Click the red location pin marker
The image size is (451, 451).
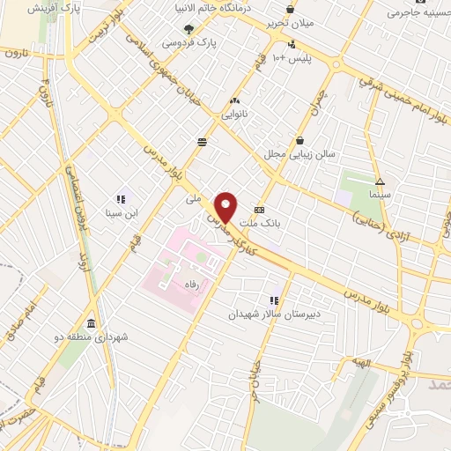tap(227, 206)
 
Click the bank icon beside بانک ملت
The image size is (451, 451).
tap(259, 211)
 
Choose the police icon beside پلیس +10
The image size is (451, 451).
tap(292, 43)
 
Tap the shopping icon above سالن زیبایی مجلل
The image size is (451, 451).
tap(300, 140)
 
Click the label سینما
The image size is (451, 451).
tap(381, 192)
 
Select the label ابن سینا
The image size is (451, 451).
tap(120, 212)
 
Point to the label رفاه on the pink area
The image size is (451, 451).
tap(189, 285)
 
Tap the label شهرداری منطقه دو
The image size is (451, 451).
tap(91, 336)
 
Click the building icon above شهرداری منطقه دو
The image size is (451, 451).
tap(92, 322)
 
